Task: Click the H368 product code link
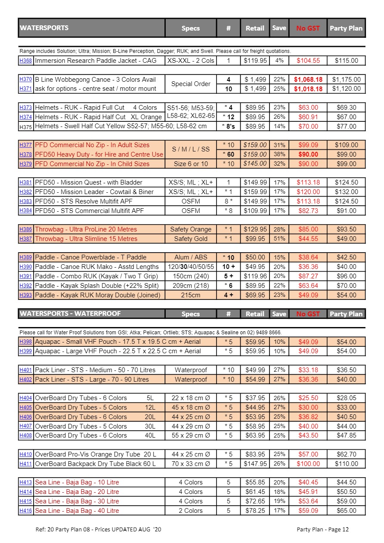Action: (x=26, y=61)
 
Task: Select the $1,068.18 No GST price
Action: (x=308, y=80)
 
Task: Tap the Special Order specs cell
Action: (x=191, y=84)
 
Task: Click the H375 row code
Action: (x=26, y=126)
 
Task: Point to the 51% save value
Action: (x=279, y=239)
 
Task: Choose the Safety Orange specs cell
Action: (x=191, y=229)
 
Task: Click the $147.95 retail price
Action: (x=255, y=464)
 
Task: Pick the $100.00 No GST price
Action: (x=308, y=464)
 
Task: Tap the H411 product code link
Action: (x=26, y=464)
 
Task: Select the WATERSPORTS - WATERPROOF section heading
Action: (x=70, y=314)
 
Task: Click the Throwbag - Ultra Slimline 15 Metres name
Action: (x=86, y=239)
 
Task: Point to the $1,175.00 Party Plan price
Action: (x=346, y=80)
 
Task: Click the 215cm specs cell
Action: (x=191, y=295)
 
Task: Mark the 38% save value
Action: (x=279, y=154)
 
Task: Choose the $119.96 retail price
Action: (x=255, y=276)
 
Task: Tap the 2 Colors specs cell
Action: (x=191, y=511)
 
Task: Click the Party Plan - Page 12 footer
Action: (x=322, y=529)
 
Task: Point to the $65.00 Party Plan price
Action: (x=346, y=511)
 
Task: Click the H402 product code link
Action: (x=26, y=379)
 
